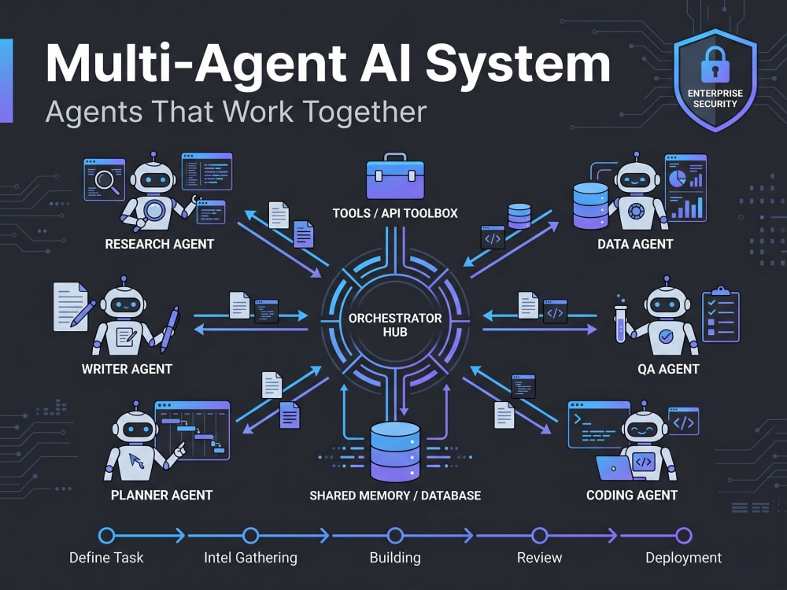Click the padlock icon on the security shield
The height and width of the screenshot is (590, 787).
coord(715,65)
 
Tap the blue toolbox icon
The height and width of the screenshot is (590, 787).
coord(395,176)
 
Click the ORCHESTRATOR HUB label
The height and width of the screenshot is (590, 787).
coord(395,325)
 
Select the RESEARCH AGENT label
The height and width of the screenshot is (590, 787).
coord(160,244)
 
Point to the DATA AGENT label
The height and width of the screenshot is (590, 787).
coord(635,244)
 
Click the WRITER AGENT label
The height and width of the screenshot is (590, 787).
coord(127,369)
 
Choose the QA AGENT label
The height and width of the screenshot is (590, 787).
coord(668,369)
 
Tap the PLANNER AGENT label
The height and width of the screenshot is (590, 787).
coord(161,495)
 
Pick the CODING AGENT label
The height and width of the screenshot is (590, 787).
coord(632,495)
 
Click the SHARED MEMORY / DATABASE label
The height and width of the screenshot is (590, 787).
coord(395,496)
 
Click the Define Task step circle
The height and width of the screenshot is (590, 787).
coord(106,536)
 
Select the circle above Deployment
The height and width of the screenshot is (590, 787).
coord(684,536)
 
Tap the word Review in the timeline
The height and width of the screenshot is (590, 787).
coord(540,558)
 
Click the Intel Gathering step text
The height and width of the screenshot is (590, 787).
coord(250,558)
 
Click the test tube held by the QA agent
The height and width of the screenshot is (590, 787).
coord(620,323)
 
